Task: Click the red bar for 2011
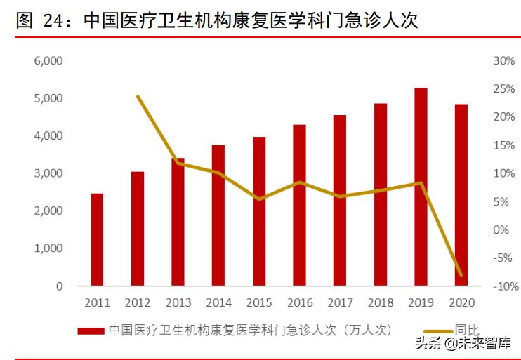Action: tap(97, 239)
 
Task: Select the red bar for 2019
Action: tap(421, 187)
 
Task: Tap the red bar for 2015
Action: tap(259, 211)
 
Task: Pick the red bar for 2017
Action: tap(340, 200)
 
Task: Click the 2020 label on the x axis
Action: tap(461, 302)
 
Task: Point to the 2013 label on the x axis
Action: tap(178, 302)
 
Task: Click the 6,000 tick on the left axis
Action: tap(48, 61)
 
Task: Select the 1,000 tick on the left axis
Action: tap(48, 248)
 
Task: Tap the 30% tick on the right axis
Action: tap(504, 61)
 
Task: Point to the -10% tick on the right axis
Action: tap(503, 286)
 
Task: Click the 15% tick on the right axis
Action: tap(504, 145)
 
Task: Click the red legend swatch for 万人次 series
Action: tap(91, 330)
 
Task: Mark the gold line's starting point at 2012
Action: tap(138, 97)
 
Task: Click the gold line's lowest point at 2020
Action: tap(461, 275)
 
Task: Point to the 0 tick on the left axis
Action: tap(59, 286)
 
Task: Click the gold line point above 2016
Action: tap(300, 182)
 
